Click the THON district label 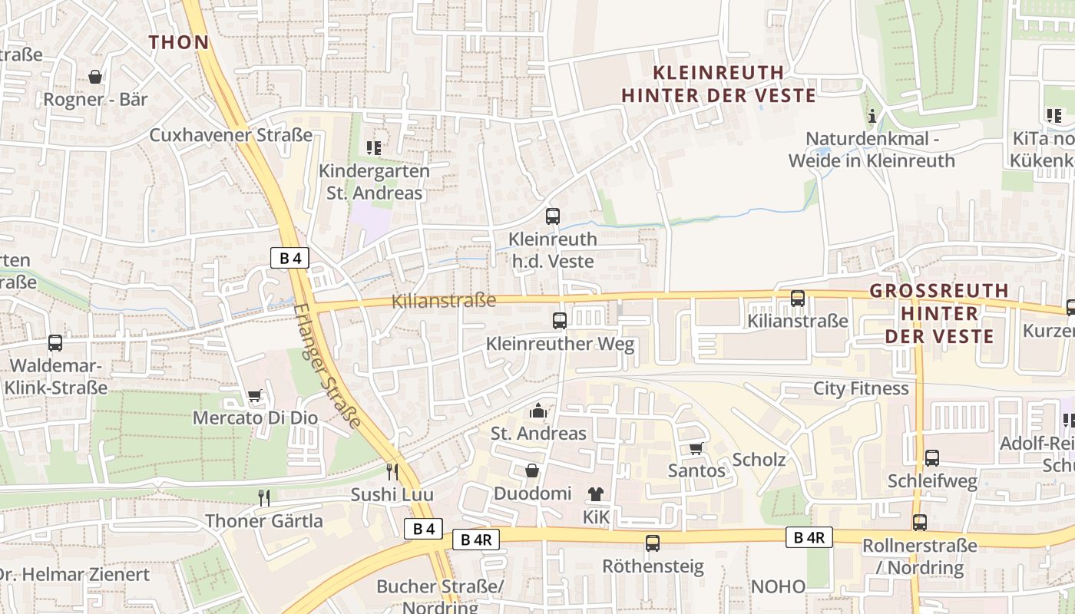[179, 42]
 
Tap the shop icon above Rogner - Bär [95, 77]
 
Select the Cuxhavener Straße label [231, 135]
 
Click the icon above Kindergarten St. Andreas [374, 147]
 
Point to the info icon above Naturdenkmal [872, 117]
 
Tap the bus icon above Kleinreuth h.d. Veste [553, 216]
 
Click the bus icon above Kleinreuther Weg [560, 320]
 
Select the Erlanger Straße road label [327, 365]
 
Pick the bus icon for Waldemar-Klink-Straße [55, 342]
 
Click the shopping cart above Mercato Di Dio [255, 396]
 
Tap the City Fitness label [861, 388]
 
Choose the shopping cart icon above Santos [696, 447]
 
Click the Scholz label [759, 460]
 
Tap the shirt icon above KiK [596, 494]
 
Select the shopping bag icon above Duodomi [531, 470]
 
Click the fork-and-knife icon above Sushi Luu [392, 470]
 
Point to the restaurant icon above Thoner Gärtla [264, 497]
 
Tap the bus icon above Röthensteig [653, 543]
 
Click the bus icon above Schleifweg [932, 457]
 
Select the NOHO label [778, 587]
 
